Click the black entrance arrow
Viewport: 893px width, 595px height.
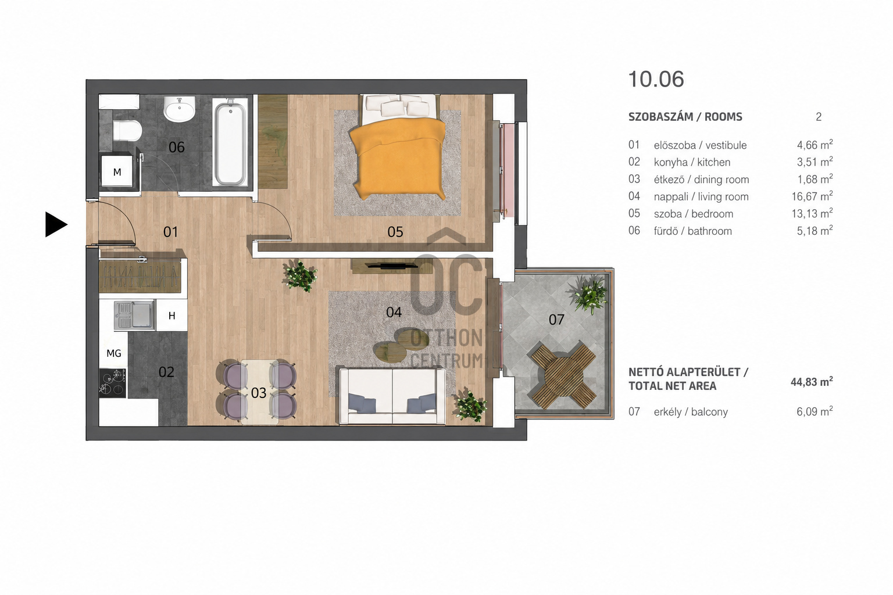[55, 224]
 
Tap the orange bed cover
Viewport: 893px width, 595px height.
[398, 158]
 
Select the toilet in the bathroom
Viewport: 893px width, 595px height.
[127, 130]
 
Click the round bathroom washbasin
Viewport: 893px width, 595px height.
[180, 109]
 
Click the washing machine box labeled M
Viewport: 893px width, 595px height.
[117, 172]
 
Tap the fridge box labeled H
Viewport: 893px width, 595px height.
[172, 316]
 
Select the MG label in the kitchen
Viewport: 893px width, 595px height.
[114, 353]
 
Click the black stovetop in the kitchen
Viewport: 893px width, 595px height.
[112, 383]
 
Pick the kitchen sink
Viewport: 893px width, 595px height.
[134, 316]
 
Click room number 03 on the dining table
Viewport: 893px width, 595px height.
[259, 393]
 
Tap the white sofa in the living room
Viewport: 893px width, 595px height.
[392, 396]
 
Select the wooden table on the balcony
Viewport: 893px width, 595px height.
[563, 375]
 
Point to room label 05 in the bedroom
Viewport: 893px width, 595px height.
[395, 232]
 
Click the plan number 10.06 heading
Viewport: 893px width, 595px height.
[656, 79]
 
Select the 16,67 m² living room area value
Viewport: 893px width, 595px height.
[812, 196]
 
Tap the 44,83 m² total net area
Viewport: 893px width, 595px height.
[812, 382]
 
